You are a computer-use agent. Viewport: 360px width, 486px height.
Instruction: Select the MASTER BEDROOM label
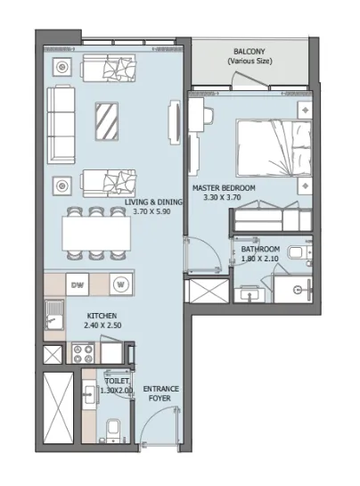[224, 188]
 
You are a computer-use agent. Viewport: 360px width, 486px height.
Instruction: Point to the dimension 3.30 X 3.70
[224, 198]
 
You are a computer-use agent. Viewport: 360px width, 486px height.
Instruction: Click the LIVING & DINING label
[153, 202]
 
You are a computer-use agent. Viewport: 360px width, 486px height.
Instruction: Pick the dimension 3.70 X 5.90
[153, 212]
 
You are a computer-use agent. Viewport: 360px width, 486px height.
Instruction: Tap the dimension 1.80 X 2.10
[260, 259]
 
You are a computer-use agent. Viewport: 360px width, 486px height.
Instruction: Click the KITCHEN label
[102, 317]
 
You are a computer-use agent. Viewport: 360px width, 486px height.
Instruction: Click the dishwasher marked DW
[78, 285]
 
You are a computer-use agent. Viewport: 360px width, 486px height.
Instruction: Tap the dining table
[95, 235]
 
